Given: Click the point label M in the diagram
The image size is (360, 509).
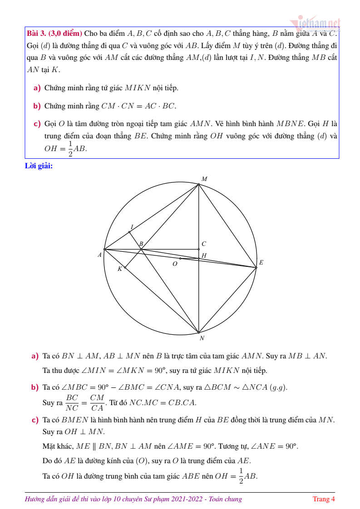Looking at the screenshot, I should (204, 179).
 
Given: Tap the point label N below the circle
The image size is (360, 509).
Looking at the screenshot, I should (202, 338).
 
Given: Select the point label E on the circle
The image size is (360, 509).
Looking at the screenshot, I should (261, 263).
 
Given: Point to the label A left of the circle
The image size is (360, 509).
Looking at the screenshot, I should (99, 255).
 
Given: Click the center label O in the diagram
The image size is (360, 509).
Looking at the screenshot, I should (175, 264).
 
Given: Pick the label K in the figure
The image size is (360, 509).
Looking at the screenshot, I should (120, 269).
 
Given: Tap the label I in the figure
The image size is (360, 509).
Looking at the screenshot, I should (132, 227).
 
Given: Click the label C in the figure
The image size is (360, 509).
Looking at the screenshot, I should (204, 244).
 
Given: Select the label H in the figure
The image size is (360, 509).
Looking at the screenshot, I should (204, 256).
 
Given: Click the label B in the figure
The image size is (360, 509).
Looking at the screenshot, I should (141, 244).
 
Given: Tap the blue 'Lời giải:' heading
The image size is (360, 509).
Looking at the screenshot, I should (39, 166).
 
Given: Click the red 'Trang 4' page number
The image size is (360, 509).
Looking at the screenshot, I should (324, 499).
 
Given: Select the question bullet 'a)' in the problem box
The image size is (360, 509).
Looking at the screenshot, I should (37, 88).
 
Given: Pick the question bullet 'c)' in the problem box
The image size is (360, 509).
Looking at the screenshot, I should (37, 124).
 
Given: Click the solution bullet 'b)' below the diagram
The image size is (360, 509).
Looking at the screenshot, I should (35, 387).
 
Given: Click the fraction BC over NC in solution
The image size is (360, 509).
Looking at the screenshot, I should (72, 402).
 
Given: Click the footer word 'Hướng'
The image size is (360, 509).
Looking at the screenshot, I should (35, 499).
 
